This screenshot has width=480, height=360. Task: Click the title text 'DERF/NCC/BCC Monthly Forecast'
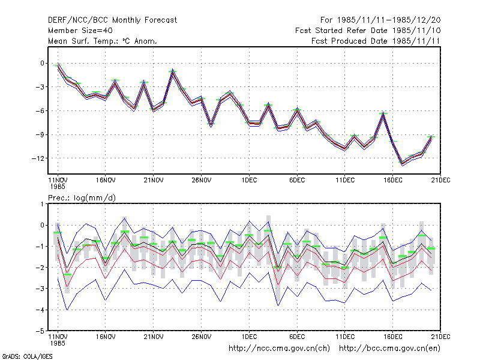pos(112,20)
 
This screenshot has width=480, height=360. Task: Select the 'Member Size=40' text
pos(80,31)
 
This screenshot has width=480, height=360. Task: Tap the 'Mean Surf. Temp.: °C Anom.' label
pos(102,41)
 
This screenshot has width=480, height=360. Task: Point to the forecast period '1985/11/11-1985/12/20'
pos(389,20)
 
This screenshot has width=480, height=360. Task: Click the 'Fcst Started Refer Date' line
pos(368,31)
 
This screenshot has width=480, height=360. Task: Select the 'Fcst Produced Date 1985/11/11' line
pos(376,41)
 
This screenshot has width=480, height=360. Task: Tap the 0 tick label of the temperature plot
pos(42,64)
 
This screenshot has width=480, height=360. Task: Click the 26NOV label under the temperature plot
pos(201,180)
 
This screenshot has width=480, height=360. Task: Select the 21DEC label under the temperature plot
pos(440,180)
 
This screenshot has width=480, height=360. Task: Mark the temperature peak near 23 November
pos(173,71)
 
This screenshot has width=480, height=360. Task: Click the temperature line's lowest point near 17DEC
pos(402,164)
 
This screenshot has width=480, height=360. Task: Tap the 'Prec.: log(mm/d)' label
pos(82,198)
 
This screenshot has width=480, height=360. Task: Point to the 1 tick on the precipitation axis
pos(42,204)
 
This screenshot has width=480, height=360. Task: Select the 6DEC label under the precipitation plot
pos(297,337)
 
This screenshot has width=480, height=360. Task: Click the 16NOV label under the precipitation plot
pos(106,337)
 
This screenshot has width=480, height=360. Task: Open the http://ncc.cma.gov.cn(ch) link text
pos(279,349)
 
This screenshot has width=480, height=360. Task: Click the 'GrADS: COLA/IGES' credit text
pos(27,356)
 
